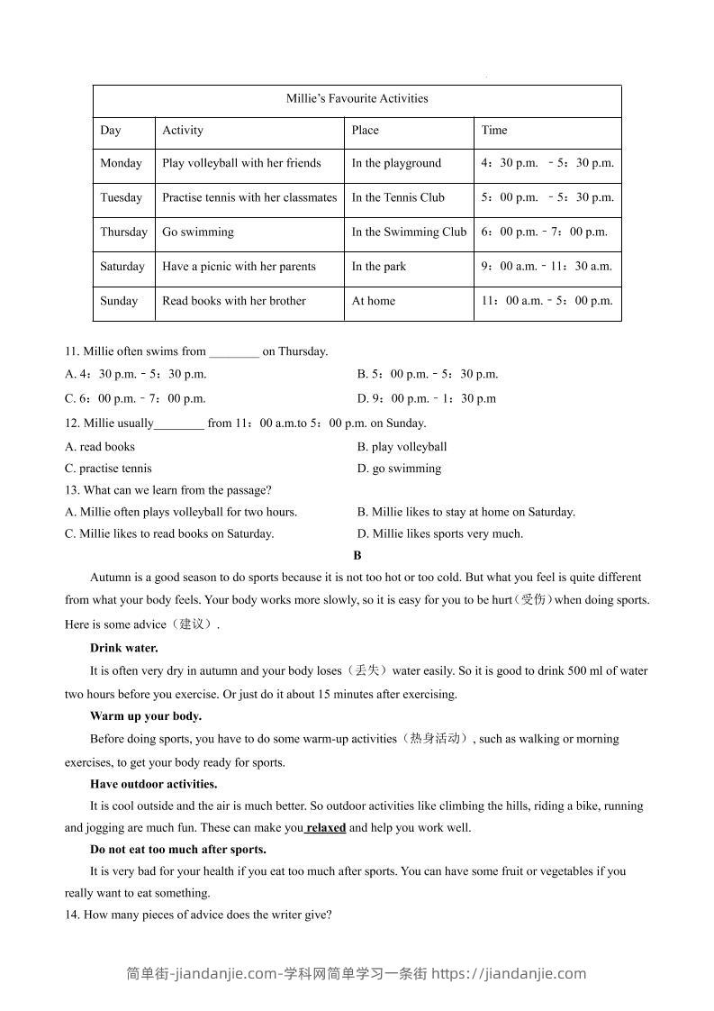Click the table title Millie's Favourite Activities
coord(357,98)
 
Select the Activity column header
coord(183,131)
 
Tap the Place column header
coord(365,131)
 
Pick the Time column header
coord(494,131)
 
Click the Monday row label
coord(121,164)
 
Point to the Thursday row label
coord(123,232)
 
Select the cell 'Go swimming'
coord(198,232)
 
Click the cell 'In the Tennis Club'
coord(398,198)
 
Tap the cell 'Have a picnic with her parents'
coord(239,267)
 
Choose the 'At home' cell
coord(373,301)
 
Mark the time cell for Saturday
coord(547,267)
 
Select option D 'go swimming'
coord(399,469)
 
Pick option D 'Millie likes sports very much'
coord(439,533)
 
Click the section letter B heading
coord(357,556)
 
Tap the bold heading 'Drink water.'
coord(124,648)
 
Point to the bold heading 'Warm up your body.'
coord(146,716)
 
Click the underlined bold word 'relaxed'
coord(325,828)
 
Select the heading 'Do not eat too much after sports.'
coord(178,850)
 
